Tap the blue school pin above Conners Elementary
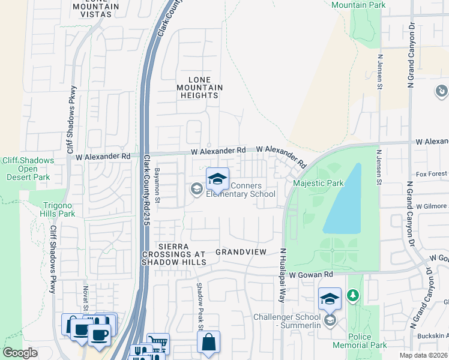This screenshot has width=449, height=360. coord(217,179)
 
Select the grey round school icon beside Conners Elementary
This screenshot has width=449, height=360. coord(196,190)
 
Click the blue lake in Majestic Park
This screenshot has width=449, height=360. coord(346,201)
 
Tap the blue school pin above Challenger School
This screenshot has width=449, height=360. coord(330,299)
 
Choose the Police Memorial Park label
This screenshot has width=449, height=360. coord(359,341)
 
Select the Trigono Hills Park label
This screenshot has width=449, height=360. coord(58,209)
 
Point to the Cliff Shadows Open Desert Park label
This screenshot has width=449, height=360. coord(28,169)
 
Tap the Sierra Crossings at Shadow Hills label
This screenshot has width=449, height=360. coord(182,254)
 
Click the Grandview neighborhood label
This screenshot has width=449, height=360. coord(241,252)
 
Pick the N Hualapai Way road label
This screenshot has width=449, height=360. coord(282,275)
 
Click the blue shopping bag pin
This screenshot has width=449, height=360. coord(208,343)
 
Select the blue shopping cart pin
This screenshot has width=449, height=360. coord(158,344)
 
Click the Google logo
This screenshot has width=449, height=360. coord(20,353)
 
